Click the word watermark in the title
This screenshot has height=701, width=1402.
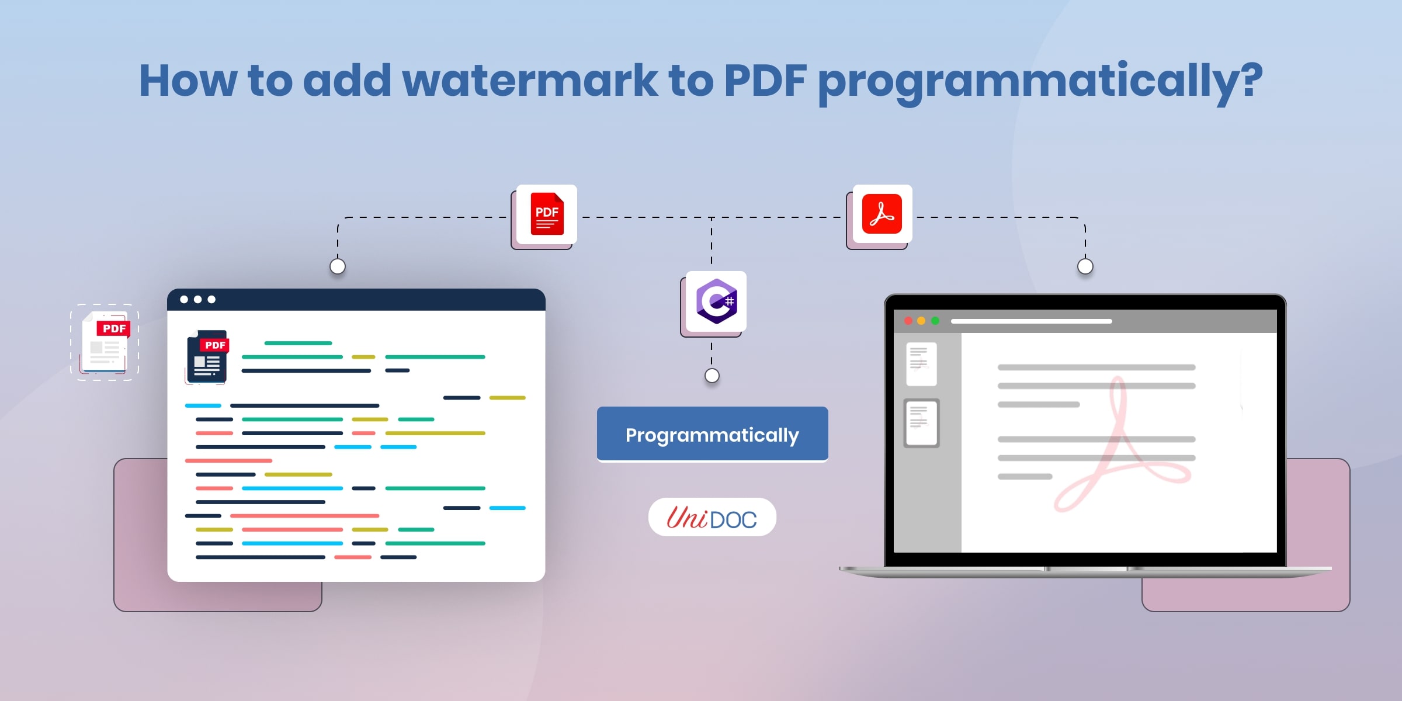(530, 80)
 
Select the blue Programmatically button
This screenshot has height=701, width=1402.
(712, 434)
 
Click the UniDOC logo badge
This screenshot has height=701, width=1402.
(712, 517)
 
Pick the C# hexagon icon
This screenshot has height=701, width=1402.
(716, 301)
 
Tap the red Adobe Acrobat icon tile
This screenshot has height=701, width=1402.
(882, 214)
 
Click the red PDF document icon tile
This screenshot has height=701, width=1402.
(547, 214)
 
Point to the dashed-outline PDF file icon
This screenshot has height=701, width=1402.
(105, 342)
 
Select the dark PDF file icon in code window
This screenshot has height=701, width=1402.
(207, 356)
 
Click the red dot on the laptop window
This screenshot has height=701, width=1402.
(908, 321)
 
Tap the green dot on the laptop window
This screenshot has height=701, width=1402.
(935, 321)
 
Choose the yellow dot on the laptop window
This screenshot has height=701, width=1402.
(921, 321)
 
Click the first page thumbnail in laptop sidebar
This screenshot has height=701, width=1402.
(921, 364)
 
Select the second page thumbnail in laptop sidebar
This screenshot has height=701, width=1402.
(921, 424)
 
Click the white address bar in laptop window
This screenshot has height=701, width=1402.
(1031, 321)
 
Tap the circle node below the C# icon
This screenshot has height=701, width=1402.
(712, 376)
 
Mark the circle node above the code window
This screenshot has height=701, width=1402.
(338, 266)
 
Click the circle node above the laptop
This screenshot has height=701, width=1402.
(1085, 266)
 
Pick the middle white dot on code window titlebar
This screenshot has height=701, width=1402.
(198, 300)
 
